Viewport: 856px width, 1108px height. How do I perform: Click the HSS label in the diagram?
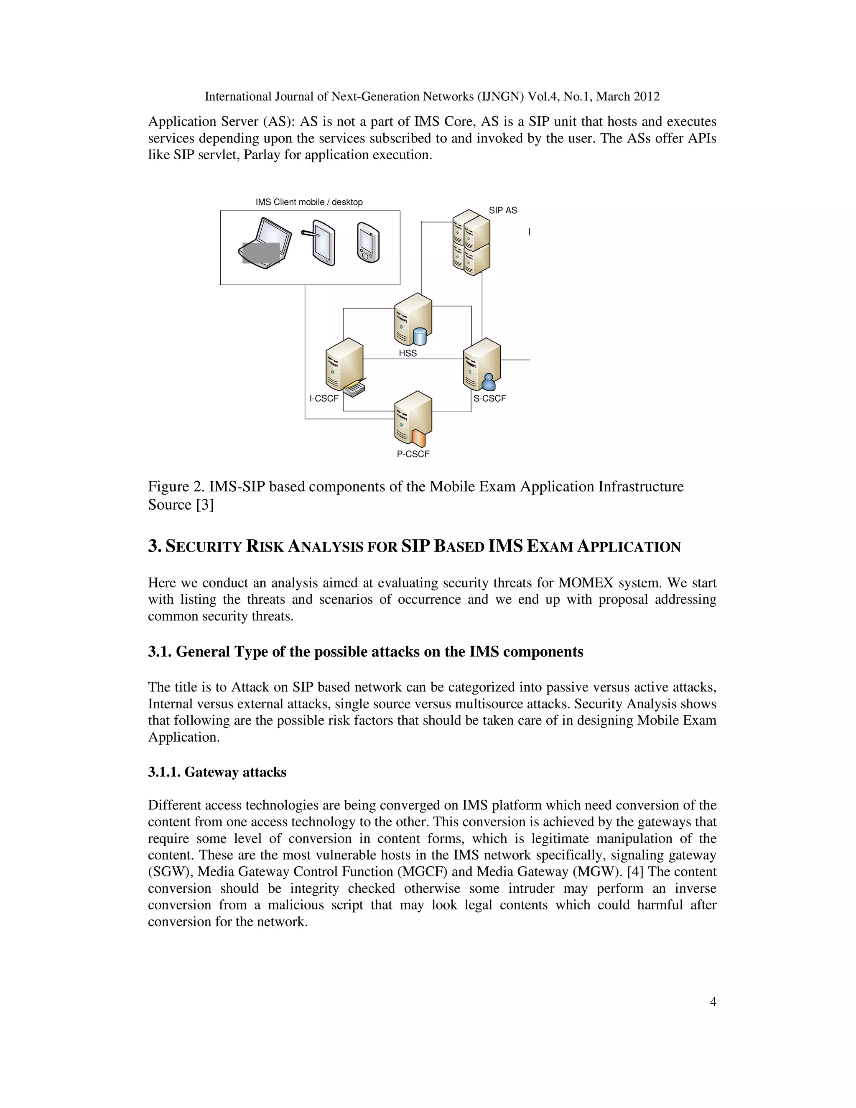coord(408,353)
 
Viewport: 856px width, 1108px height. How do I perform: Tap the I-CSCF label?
coord(324,398)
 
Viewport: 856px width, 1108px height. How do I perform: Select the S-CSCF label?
coord(489,398)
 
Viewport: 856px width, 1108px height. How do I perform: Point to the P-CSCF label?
coord(413,454)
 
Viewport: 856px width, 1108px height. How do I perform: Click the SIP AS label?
coord(502,210)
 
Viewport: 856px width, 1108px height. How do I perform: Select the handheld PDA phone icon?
coord(368,243)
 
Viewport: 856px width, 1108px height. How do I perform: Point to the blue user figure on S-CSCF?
coord(488,381)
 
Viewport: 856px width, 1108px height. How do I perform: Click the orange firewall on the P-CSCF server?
coord(418,438)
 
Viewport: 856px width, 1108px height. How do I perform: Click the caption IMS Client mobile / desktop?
coord(309,202)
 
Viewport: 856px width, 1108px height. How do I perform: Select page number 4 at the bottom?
coord(713,1001)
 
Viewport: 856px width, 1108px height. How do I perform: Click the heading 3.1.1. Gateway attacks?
coord(217,772)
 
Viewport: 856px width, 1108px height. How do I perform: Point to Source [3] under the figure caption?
coord(181,505)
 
